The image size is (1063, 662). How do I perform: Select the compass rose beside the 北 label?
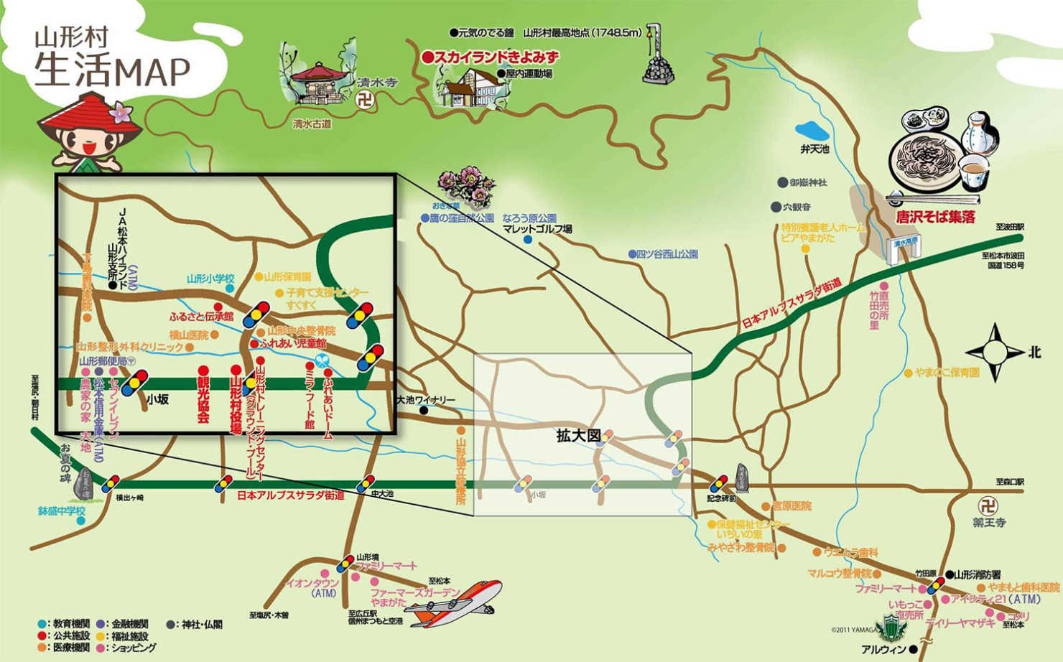pos(995,353)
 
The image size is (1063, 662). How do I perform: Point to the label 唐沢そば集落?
pos(934,216)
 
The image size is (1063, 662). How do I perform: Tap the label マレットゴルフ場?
pos(537,229)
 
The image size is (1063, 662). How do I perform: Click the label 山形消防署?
pos(985,574)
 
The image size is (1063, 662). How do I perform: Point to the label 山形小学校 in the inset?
pos(210,279)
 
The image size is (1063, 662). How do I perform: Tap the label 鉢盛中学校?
pos(62,511)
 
